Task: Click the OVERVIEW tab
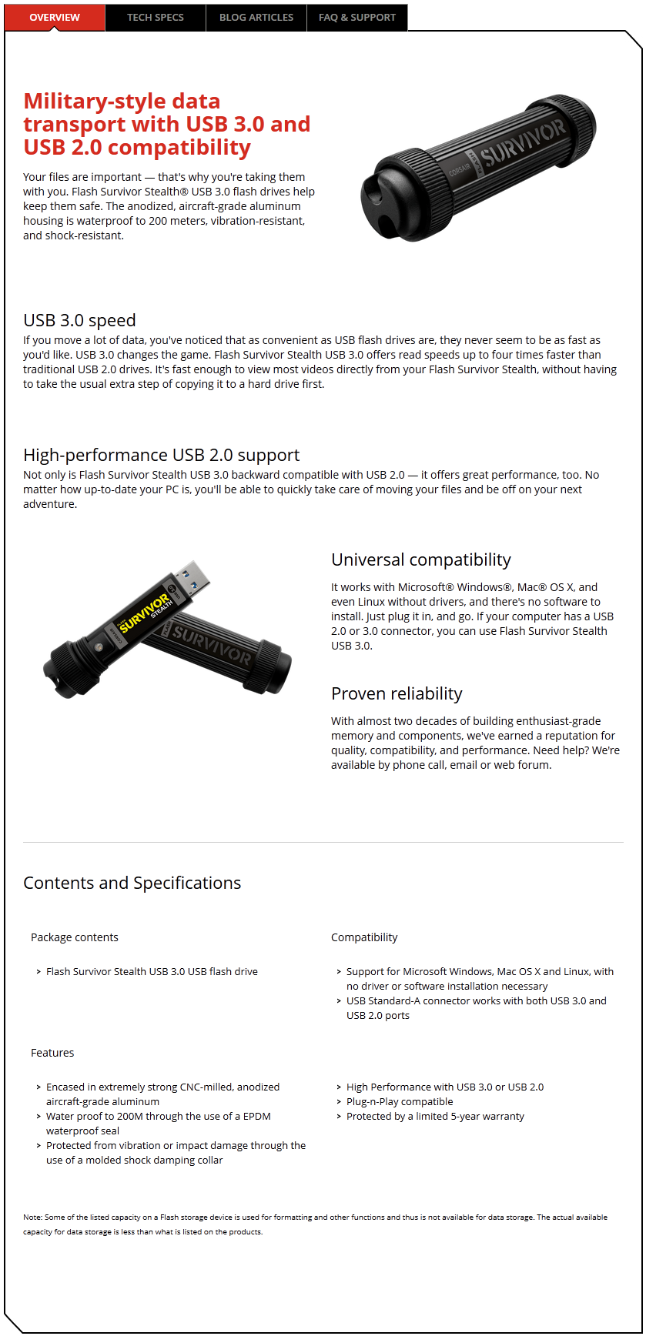[x=55, y=17]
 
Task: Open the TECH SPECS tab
[x=156, y=17]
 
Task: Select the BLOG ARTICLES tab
[x=256, y=17]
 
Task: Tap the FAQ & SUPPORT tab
[x=357, y=17]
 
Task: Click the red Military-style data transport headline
[x=166, y=124]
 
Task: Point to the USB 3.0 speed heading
[x=79, y=320]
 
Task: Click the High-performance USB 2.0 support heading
[x=161, y=455]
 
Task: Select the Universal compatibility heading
[x=420, y=559]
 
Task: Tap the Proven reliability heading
[x=397, y=693]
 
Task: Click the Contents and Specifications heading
[x=132, y=883]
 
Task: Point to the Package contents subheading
[x=75, y=937]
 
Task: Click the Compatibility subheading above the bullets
[x=364, y=937]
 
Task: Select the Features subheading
[x=52, y=1053]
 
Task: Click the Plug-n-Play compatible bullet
[x=400, y=1101]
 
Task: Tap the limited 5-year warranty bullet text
[x=435, y=1116]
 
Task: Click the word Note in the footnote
[x=32, y=1217]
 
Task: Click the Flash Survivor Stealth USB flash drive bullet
[x=152, y=971]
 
